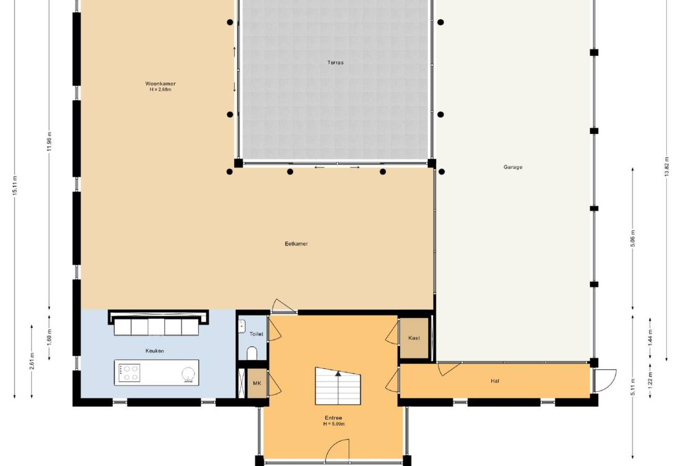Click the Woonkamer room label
pyautogui.click(x=160, y=84)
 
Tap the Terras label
pyautogui.click(x=335, y=63)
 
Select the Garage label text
pyautogui.click(x=513, y=167)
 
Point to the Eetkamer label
pyautogui.click(x=296, y=243)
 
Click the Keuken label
pyautogui.click(x=155, y=351)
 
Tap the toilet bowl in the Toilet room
pyautogui.click(x=252, y=353)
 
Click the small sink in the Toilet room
pyautogui.click(x=241, y=326)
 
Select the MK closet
pyautogui.click(x=257, y=383)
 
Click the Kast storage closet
pyautogui.click(x=414, y=338)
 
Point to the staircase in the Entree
pyautogui.click(x=338, y=386)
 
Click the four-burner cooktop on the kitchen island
pyautogui.click(x=129, y=373)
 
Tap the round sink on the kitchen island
pyautogui.click(x=188, y=374)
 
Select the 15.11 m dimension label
pyautogui.click(x=15, y=186)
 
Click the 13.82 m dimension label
pyautogui.click(x=667, y=167)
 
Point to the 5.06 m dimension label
pyautogui.click(x=633, y=239)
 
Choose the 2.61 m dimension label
pyautogui.click(x=31, y=361)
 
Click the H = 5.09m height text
pyautogui.click(x=334, y=424)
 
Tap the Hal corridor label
pyautogui.click(x=495, y=381)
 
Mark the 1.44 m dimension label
pyautogui.click(x=650, y=338)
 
